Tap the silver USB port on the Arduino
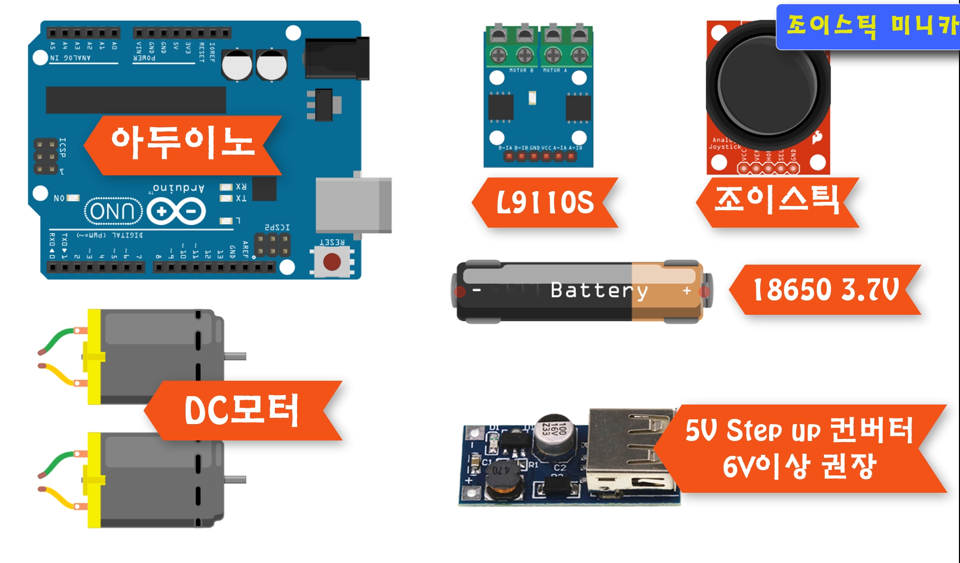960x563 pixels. tap(353, 205)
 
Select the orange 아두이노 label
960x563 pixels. tap(182, 144)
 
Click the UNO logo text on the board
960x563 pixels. tap(113, 211)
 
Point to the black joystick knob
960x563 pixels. tap(768, 85)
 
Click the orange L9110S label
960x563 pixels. tap(545, 203)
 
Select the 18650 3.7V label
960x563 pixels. tap(825, 289)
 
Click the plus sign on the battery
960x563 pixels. tap(687, 290)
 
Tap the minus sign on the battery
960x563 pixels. tap(477, 290)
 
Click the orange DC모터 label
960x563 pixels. tap(242, 410)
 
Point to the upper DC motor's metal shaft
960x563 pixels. tap(236, 356)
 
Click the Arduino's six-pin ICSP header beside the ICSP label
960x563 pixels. tap(45, 156)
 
